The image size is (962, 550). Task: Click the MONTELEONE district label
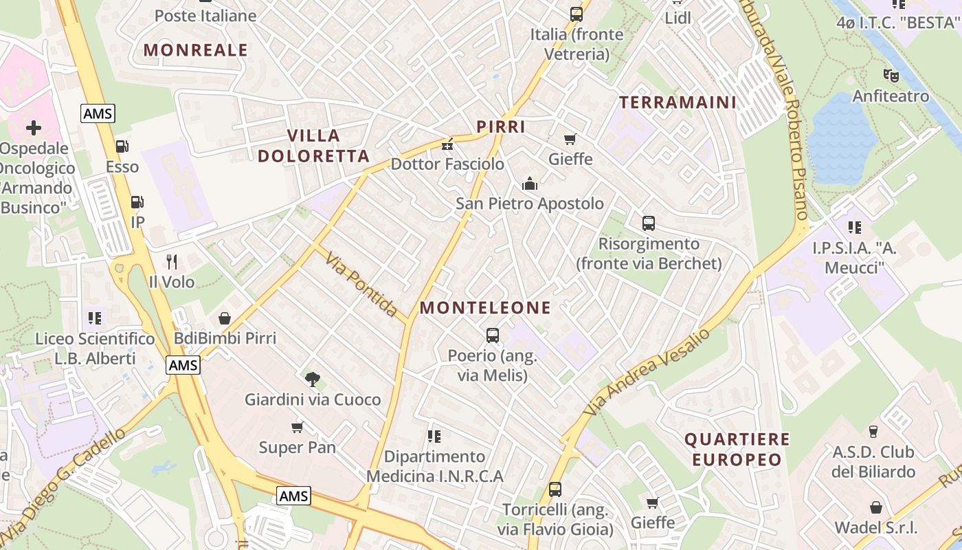[x=485, y=308]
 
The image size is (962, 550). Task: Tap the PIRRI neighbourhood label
[x=501, y=126]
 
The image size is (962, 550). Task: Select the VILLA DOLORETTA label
[x=314, y=146]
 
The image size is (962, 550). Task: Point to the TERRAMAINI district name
[x=678, y=102]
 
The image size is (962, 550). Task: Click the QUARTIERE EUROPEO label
[x=737, y=450]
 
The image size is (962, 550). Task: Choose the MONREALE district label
[x=196, y=49]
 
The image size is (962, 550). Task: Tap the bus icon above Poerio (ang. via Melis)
[x=493, y=335]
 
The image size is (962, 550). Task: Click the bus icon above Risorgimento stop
[x=649, y=223]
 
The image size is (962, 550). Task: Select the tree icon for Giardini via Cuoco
[x=313, y=379]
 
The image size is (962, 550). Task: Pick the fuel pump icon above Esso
[x=122, y=146]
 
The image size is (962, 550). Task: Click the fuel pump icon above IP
[x=137, y=202]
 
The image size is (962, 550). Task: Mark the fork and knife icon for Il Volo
[x=172, y=262]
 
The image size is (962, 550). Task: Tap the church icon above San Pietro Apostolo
[x=530, y=184]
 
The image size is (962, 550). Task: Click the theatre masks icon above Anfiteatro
[x=891, y=76]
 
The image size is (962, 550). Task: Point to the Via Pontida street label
[x=361, y=285]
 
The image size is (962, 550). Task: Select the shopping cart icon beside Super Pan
[x=298, y=428]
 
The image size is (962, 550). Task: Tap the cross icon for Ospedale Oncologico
[x=33, y=128]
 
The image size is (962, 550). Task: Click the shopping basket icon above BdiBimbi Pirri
[x=225, y=318]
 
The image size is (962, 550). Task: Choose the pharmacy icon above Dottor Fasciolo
[x=447, y=144]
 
